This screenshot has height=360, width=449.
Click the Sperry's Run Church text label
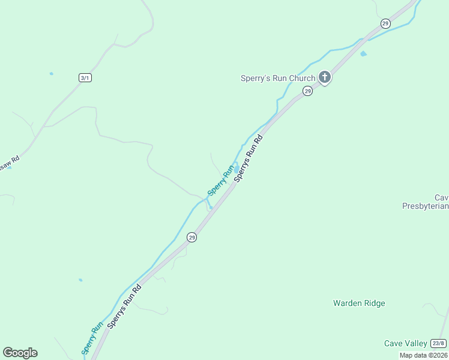click(277, 78)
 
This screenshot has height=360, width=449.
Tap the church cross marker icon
click(325, 77)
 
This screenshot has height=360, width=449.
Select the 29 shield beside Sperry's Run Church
click(307, 91)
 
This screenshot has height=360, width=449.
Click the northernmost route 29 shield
click(385, 23)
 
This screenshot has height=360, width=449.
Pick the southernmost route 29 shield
click(191, 237)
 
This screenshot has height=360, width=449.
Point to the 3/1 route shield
click(86, 77)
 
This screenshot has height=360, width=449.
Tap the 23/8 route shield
click(438, 343)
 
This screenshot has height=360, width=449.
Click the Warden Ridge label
click(359, 303)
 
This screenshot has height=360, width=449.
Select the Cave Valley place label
click(406, 343)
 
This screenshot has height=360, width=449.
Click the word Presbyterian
click(425, 206)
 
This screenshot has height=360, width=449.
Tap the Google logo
click(20, 353)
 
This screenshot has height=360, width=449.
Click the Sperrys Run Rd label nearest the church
click(249, 158)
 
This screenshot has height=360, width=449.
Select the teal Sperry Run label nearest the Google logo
click(92, 339)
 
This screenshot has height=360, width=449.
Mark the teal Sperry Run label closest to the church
click(220, 180)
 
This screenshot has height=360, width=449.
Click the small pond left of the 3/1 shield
click(52, 74)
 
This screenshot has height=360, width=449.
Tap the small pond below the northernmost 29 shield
click(364, 54)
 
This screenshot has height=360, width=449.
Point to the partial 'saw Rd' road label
click(10, 163)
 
